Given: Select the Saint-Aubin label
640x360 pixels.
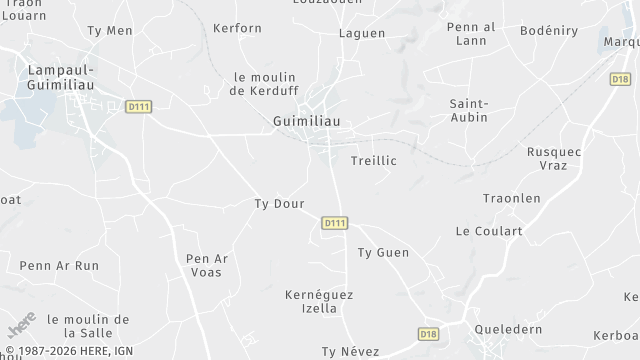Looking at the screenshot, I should coord(468,110).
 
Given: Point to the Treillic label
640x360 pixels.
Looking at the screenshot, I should coord(374,160).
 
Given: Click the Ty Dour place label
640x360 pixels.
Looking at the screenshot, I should coord(279,204).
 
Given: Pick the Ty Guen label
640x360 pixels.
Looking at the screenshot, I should coord(383,252).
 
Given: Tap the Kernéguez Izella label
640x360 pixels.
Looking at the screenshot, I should coord(319,301).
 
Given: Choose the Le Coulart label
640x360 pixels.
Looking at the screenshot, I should coord(489,231).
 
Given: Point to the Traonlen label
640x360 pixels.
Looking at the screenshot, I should coord(511,198).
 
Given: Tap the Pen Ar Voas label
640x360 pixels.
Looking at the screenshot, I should coord(208,265).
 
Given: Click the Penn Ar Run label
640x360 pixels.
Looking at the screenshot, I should coord(59,265).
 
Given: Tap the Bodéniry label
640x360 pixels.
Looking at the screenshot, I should coord(548,31).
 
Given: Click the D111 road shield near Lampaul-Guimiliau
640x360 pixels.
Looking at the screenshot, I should coord(139,106).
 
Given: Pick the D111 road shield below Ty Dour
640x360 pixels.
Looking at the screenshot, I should coord(335,223).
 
